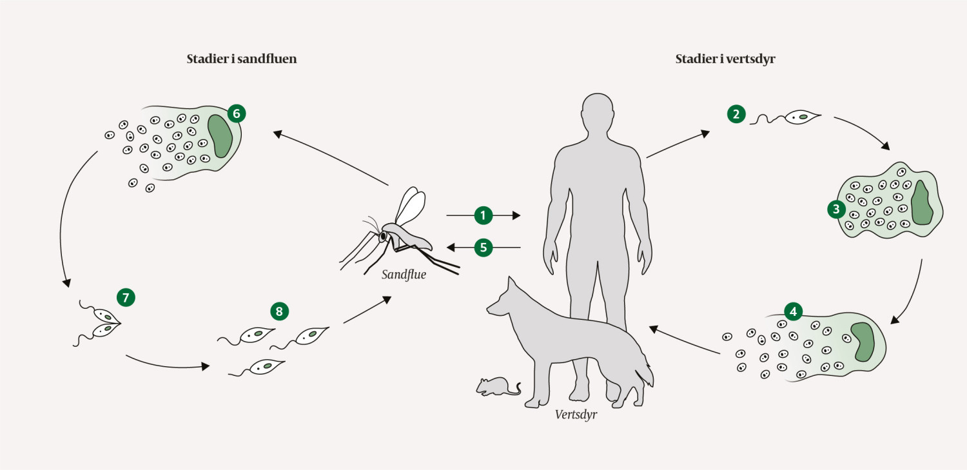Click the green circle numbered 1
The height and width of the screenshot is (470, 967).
click(x=484, y=215)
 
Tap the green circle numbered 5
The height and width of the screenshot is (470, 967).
click(x=484, y=247)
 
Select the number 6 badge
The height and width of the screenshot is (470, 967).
click(x=236, y=113)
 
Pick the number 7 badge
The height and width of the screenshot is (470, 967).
click(x=126, y=297)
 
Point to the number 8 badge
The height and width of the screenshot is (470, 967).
click(x=278, y=311)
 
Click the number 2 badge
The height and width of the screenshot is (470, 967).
click(x=736, y=114)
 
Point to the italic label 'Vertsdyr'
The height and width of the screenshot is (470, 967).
click(x=576, y=415)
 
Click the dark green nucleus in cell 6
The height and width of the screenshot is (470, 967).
click(x=219, y=136)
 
